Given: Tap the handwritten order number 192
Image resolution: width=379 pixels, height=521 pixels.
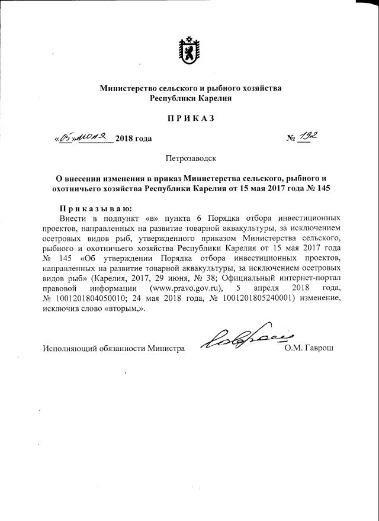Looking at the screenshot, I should (306, 137).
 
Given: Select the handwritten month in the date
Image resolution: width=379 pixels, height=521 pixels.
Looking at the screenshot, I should (92, 137).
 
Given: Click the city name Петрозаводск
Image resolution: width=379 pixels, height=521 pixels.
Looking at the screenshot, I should (189, 158).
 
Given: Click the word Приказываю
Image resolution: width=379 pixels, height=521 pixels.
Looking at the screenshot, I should (95, 208).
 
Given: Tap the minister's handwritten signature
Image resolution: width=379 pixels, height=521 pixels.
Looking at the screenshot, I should (243, 339).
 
